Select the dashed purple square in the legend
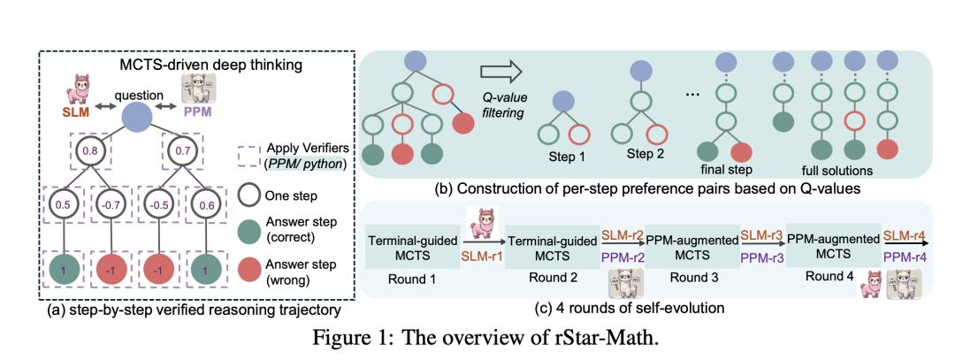click(x=250, y=157)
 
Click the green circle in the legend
click(x=250, y=228)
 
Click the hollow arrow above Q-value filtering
click(x=500, y=72)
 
